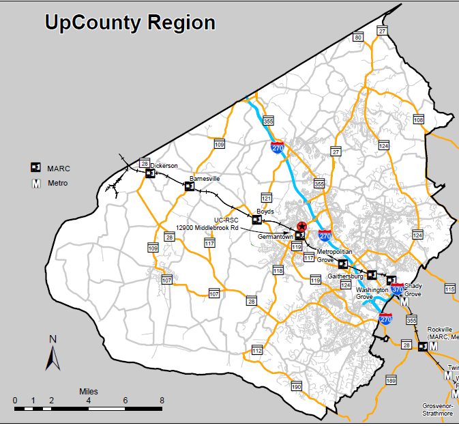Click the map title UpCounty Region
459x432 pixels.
tap(130, 23)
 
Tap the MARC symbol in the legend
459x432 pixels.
tap(36, 168)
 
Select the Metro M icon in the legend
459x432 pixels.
tap(36, 183)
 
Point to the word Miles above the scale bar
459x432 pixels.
tap(88, 391)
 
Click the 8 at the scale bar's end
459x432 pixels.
tap(161, 401)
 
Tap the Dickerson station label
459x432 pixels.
tap(164, 165)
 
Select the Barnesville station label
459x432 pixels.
tap(205, 178)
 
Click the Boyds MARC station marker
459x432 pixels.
tap(257, 220)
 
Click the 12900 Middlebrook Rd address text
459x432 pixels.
tap(207, 227)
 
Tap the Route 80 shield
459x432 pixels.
tap(357, 38)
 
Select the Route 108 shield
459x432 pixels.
tap(418, 120)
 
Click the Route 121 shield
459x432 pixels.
tap(267, 198)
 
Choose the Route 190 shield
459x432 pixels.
tap(296, 387)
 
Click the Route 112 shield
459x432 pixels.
tap(256, 350)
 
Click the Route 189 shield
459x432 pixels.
tap(391, 380)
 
